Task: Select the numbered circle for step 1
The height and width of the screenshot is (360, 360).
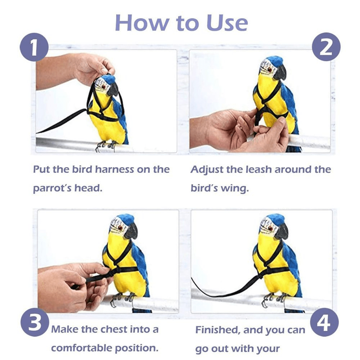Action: pyautogui.click(x=34, y=48)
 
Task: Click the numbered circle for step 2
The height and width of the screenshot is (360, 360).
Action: pyautogui.click(x=326, y=47)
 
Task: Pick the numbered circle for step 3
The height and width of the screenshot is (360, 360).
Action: pyautogui.click(x=35, y=324)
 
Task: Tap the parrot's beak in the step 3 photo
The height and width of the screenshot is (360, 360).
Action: pyautogui.click(x=131, y=232)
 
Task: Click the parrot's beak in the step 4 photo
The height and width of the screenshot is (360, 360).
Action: pyautogui.click(x=281, y=232)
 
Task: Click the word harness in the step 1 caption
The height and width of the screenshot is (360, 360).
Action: pyautogui.click(x=114, y=169)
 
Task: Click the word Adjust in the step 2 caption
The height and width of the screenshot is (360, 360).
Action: pyautogui.click(x=207, y=170)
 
